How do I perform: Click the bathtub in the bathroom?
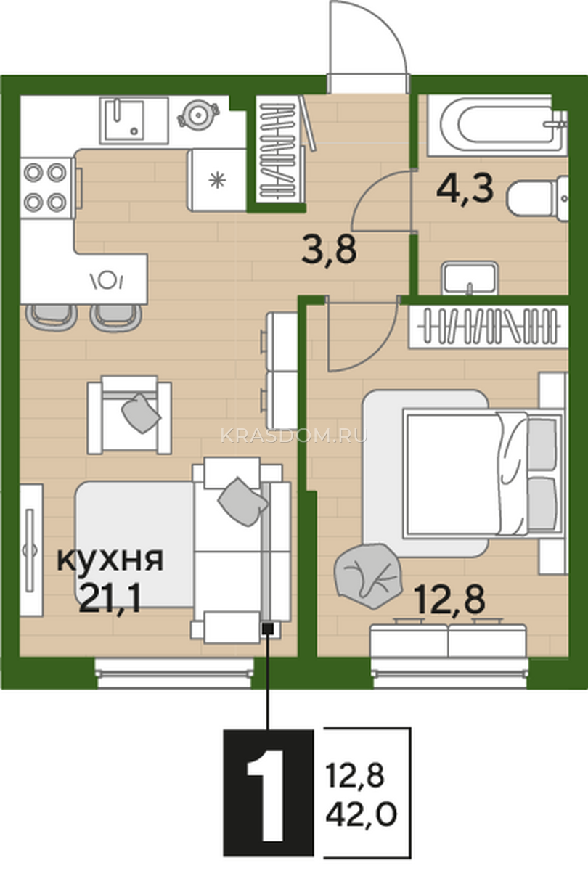click(497, 125)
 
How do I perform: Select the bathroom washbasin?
click(470, 277)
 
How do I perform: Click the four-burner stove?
click(46, 188)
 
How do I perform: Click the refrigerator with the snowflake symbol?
click(216, 180)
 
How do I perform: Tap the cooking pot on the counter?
click(198, 115)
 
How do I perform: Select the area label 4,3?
click(465, 189)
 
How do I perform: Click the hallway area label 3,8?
click(329, 251)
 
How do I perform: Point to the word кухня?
click(110, 561)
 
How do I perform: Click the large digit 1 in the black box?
click(269, 796)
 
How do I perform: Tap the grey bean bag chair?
click(368, 576)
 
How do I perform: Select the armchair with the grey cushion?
click(129, 414)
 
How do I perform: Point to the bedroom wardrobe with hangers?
click(489, 326)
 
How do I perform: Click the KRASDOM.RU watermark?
click(294, 435)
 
